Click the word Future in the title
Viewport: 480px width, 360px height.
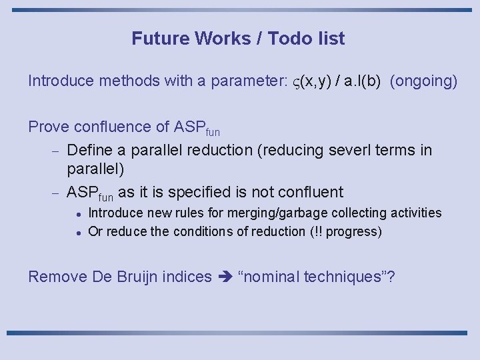[x=161, y=39]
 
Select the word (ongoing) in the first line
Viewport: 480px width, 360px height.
[x=424, y=81]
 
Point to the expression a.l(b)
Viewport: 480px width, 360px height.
[x=359, y=81]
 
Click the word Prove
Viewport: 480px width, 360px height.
[x=48, y=127]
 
